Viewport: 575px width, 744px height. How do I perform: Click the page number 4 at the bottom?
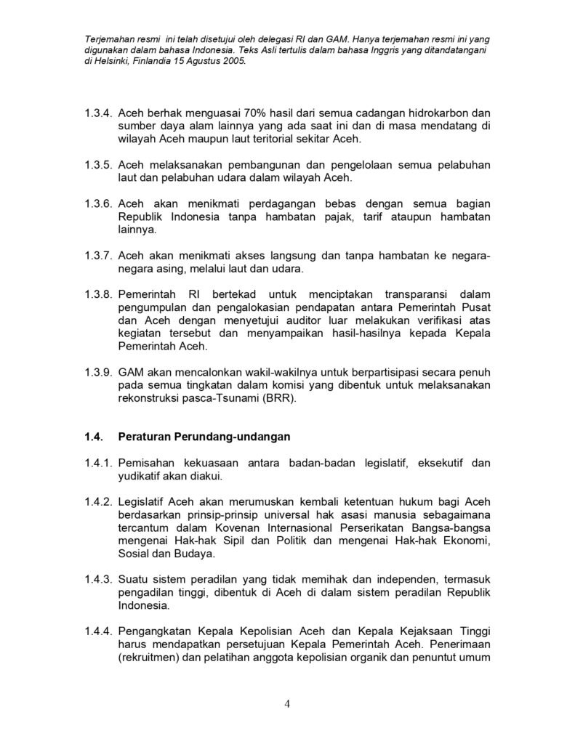287,703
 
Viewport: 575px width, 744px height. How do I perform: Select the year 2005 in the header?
233,62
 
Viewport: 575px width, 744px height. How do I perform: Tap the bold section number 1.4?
94,437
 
